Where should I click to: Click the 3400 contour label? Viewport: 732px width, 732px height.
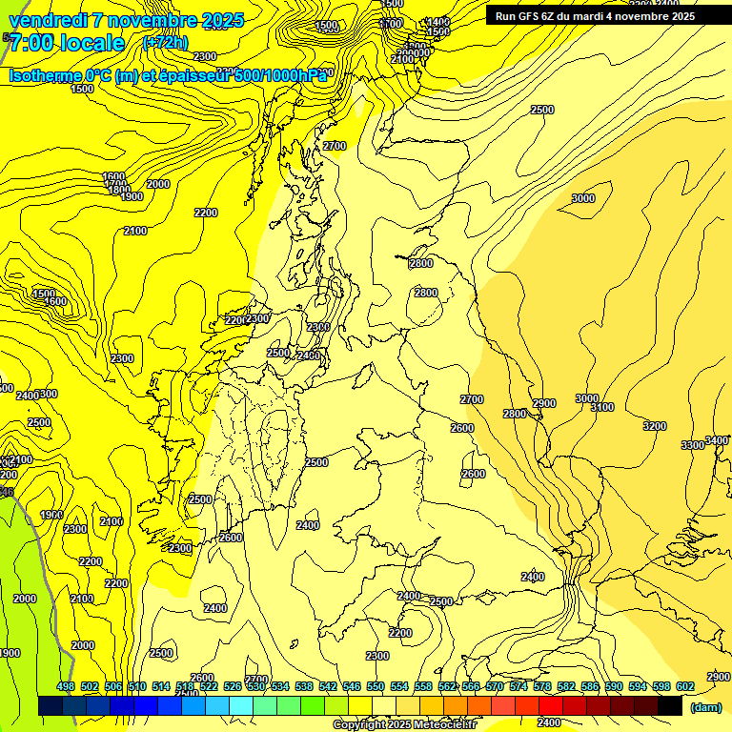(718, 440)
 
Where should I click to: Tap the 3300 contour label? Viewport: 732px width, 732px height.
(692, 445)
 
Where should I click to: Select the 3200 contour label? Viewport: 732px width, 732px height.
(655, 426)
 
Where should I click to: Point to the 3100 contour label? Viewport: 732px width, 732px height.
(602, 407)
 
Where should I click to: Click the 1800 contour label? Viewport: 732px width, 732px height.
(119, 190)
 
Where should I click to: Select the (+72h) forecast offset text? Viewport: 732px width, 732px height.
(165, 43)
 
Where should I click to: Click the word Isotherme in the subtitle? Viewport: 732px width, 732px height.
(45, 75)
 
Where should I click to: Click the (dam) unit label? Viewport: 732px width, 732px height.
(704, 706)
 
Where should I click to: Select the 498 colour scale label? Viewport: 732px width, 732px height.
(66, 686)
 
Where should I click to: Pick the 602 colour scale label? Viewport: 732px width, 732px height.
(685, 686)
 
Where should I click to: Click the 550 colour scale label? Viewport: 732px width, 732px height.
(376, 686)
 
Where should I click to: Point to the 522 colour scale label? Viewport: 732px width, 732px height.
(209, 686)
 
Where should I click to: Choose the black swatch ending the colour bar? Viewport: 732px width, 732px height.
(669, 706)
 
